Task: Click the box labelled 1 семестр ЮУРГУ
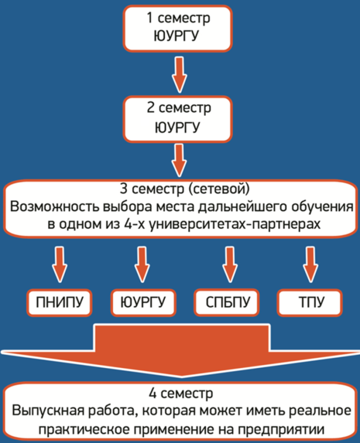177,28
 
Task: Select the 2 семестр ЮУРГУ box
177,119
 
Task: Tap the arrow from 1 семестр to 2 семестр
179,74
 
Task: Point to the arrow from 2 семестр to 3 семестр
179,160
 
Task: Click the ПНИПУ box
59,302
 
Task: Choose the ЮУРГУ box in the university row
143,302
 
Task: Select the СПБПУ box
227,302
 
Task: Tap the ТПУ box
310,302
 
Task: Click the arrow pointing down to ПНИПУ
59,264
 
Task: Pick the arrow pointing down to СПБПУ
230,264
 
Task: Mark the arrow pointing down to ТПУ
311,264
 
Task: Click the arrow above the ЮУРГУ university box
142,264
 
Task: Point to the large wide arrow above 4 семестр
181,350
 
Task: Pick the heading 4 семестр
181,393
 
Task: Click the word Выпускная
48,411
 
